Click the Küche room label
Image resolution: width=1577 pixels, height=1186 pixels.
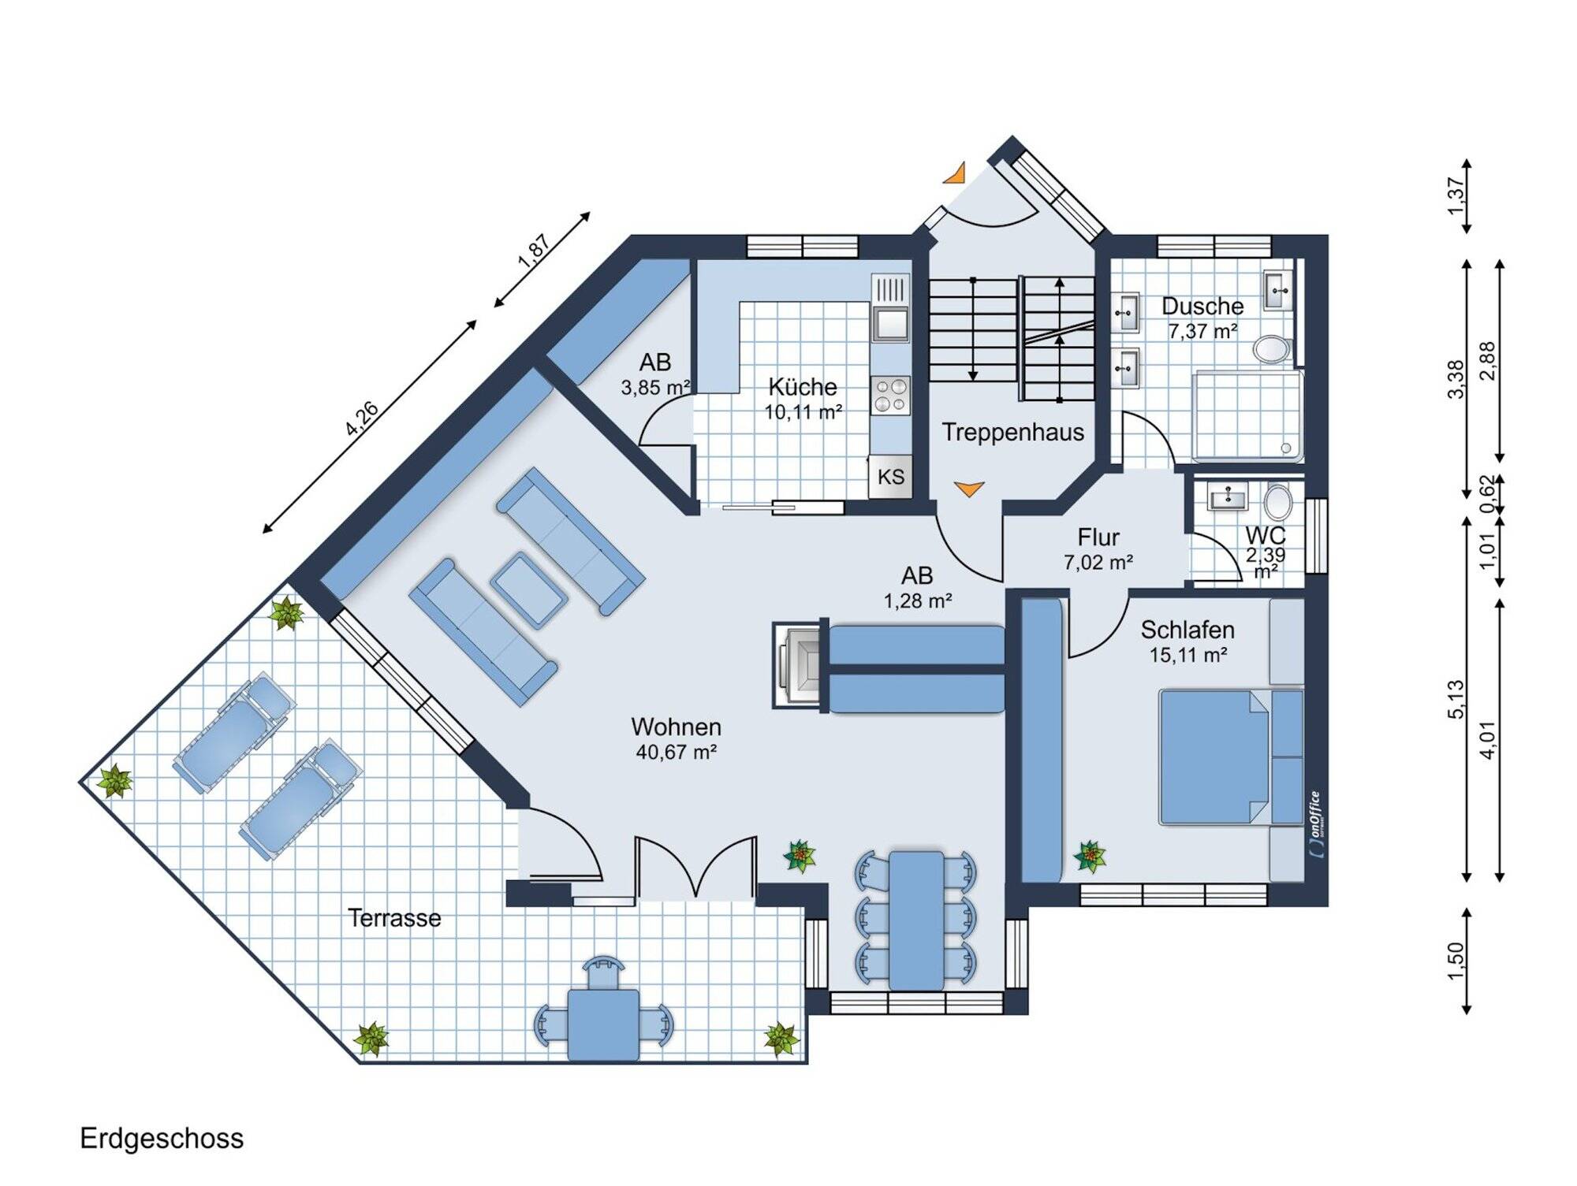click(x=803, y=387)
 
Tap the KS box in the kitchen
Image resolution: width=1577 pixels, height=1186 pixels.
click(x=890, y=476)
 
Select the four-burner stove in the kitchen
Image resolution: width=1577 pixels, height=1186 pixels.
click(x=890, y=396)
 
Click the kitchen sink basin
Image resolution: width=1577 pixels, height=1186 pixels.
click(x=890, y=323)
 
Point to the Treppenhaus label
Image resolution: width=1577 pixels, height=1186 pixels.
click(x=1013, y=433)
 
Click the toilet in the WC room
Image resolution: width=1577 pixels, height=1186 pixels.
click(x=1277, y=500)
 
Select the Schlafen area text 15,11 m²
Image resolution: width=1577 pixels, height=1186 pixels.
click(x=1188, y=655)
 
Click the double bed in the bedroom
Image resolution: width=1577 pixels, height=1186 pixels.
click(x=1231, y=757)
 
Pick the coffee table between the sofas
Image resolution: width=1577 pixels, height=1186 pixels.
click(x=528, y=590)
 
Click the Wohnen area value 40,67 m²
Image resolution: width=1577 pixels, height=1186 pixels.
click(x=677, y=752)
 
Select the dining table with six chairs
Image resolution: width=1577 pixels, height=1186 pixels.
click(x=916, y=920)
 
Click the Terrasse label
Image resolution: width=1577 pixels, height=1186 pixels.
click(x=394, y=918)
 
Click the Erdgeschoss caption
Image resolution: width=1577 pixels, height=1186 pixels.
click(x=162, y=1139)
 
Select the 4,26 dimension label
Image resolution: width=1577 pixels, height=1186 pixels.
click(x=362, y=418)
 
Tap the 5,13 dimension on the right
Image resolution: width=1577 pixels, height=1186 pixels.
click(x=1456, y=699)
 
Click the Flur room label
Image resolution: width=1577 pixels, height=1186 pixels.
click(x=1098, y=537)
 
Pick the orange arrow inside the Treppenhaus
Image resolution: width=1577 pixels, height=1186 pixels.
click(x=969, y=489)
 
